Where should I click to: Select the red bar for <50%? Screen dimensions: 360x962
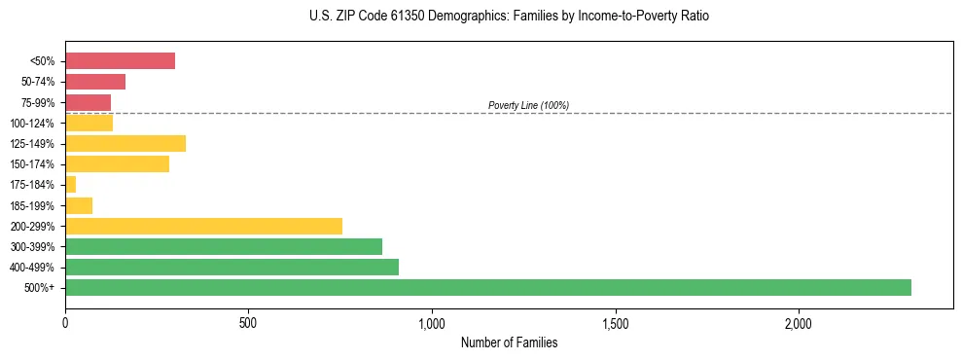120,61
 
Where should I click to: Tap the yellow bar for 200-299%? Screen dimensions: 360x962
203,226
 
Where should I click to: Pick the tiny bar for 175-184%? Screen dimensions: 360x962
70,185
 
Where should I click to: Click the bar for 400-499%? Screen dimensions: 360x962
232,267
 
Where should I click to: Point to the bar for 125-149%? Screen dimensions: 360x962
125,144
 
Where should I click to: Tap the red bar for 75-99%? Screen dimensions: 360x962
88,102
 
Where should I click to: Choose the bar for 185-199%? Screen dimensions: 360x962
79,205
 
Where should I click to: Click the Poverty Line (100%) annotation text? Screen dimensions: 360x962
528,105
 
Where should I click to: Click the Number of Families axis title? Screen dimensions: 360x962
509,343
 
